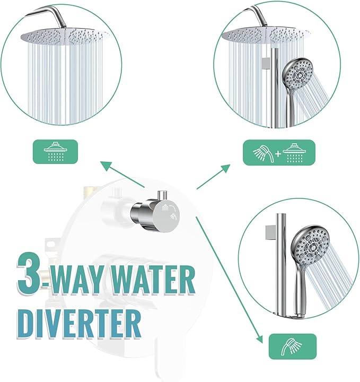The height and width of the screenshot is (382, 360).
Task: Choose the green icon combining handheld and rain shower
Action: tap(279, 152)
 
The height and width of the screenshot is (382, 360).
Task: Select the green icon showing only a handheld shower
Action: tap(292, 346)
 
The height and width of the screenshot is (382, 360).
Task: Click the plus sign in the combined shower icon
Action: tap(279, 153)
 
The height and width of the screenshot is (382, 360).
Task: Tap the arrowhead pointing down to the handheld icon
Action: tap(259, 338)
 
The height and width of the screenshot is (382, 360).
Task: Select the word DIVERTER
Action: tap(80, 320)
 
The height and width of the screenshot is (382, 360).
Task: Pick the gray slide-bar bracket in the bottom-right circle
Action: tap(268, 231)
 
